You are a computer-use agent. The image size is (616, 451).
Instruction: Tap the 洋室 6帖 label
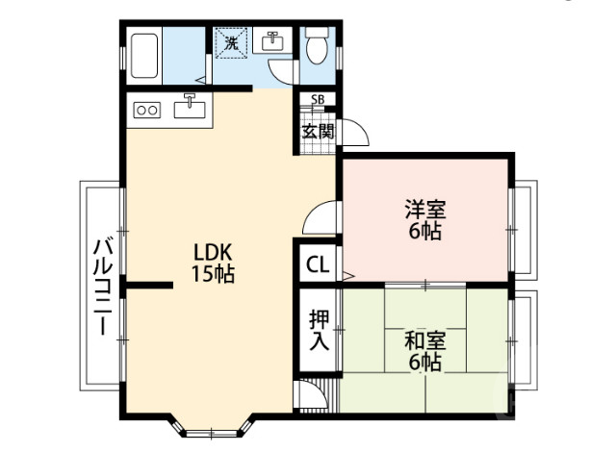point(423,220)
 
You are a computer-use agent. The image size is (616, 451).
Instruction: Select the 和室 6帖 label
point(423,351)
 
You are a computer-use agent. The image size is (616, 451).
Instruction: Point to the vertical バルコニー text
point(99,286)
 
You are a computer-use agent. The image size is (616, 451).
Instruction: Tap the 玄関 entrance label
point(317,132)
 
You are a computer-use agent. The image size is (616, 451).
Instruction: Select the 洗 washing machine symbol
point(232,42)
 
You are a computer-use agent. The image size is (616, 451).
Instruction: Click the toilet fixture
point(316,45)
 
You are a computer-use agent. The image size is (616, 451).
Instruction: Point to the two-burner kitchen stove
point(147,110)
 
